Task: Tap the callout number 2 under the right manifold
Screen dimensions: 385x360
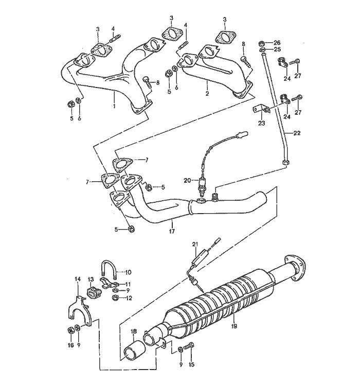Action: click(x=207, y=94)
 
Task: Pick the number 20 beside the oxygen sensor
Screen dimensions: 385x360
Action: click(x=188, y=180)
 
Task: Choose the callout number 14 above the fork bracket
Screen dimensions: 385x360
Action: click(x=78, y=279)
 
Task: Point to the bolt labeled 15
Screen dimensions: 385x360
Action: click(x=191, y=348)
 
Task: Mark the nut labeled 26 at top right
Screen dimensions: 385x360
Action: click(x=262, y=42)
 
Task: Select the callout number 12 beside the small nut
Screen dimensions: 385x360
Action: click(x=129, y=297)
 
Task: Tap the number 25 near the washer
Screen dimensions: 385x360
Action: click(x=277, y=50)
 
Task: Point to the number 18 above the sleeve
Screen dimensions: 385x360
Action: click(x=133, y=332)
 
